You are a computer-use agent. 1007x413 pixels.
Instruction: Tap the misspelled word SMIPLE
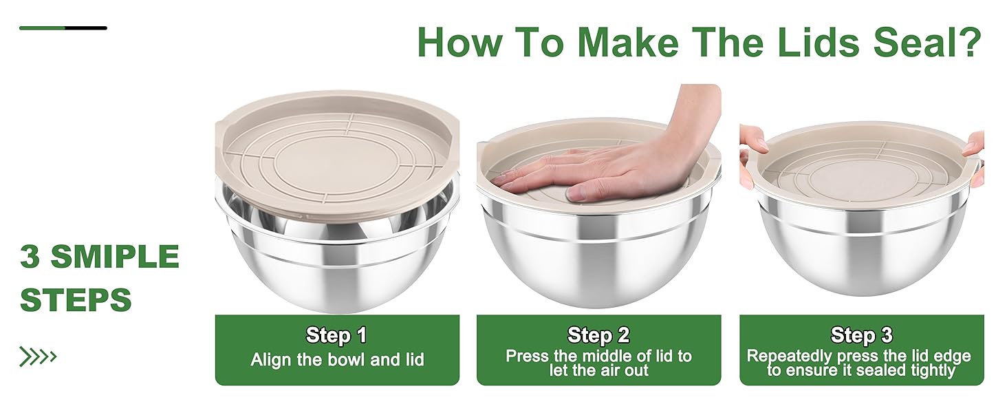point(115,257)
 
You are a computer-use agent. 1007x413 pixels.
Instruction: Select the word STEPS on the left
point(76,300)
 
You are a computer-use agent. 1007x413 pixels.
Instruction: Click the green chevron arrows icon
point(38,357)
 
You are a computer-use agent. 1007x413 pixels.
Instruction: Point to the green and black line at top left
point(63,28)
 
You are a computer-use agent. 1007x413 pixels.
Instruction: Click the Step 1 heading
point(336,335)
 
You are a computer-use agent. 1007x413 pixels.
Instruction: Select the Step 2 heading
point(598,335)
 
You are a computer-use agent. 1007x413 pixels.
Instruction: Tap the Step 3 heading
point(861,335)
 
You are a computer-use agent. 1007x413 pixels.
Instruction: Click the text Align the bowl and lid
point(337,359)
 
